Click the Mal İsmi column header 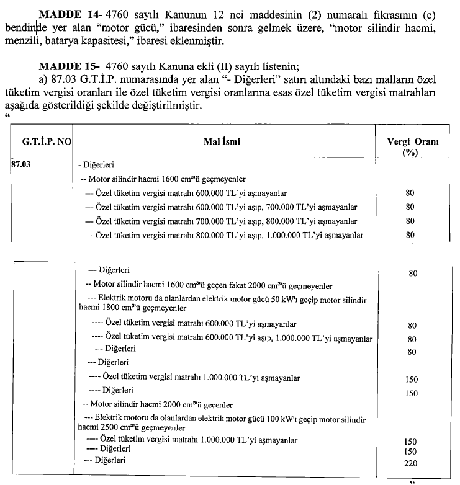coord(222,142)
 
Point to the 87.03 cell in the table coord(21,166)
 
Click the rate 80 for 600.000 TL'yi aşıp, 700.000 coord(410,207)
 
